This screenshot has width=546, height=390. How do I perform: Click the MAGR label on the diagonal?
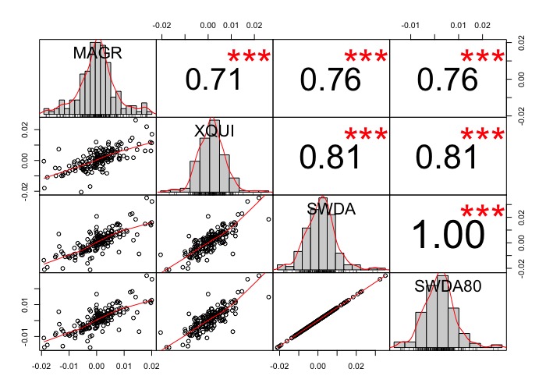tap(97, 53)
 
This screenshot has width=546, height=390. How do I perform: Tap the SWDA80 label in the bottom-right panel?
tap(448, 286)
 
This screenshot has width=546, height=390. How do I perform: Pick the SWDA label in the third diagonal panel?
tap(330, 209)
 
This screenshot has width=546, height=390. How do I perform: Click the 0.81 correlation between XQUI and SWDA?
tap(331, 158)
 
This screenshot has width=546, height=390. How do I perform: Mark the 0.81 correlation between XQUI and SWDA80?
tap(448, 158)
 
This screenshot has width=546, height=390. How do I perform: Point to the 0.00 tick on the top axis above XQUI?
tap(208, 25)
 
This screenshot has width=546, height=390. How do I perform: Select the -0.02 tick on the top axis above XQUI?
tap(162, 25)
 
